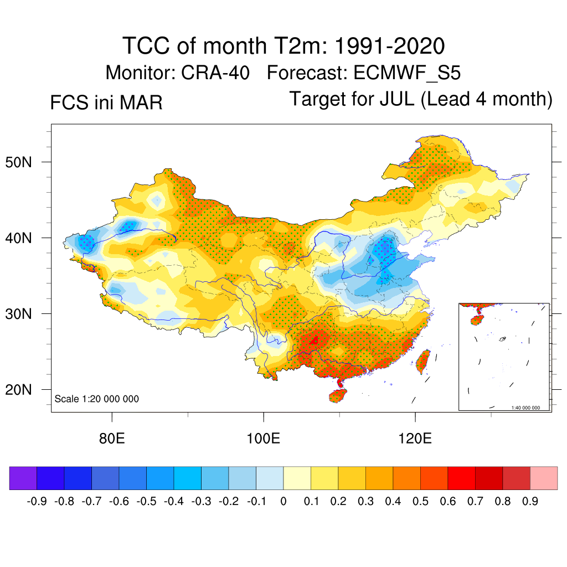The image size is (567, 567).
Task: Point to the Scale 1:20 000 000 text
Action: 97,399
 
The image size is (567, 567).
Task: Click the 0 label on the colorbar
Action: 283,502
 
